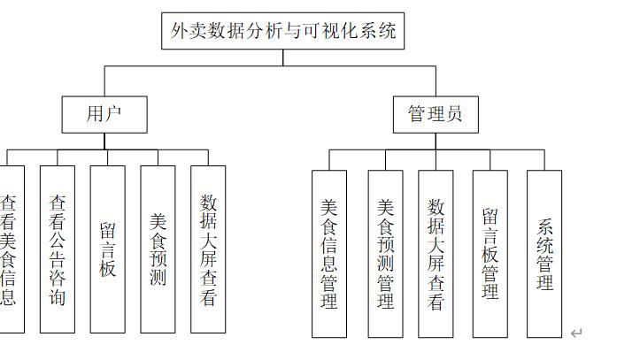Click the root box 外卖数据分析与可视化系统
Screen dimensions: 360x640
[x=283, y=31]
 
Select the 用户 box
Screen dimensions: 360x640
[x=104, y=114]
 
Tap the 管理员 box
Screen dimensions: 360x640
[x=435, y=114]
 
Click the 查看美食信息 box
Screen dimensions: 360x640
[x=9, y=249]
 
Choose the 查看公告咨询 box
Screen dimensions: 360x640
[x=58, y=249]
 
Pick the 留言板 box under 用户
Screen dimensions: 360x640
[x=107, y=249]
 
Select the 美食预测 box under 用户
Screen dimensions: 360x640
[x=158, y=249]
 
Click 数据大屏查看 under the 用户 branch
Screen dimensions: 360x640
[x=208, y=249]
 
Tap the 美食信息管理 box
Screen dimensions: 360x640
[x=329, y=254]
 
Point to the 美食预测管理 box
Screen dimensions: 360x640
[x=385, y=254]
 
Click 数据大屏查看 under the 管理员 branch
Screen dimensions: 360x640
[x=436, y=254]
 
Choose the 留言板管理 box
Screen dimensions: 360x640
[x=490, y=254]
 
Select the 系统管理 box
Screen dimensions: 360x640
[x=544, y=254]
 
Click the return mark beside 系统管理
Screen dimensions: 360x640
[x=576, y=333]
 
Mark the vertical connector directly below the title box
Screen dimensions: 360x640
[x=283, y=57]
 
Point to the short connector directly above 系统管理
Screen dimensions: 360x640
[x=544, y=160]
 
